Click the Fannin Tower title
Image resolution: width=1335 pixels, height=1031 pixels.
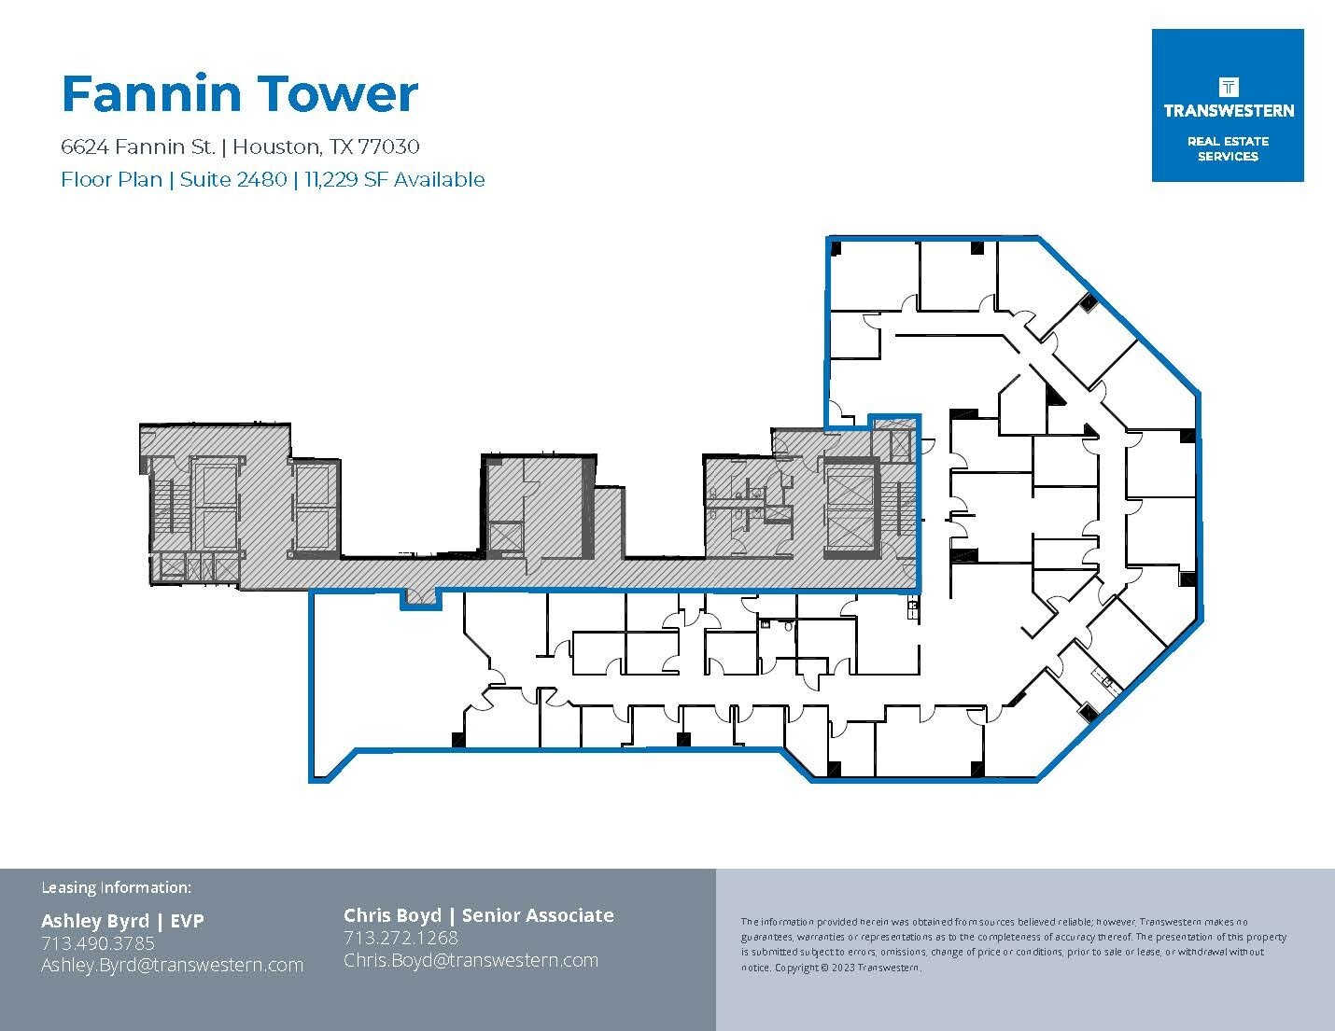[x=239, y=94]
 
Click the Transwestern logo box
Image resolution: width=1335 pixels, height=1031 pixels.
[x=1227, y=104]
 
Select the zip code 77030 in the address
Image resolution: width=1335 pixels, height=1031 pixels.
[x=388, y=146]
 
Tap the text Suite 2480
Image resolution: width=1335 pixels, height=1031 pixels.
[x=232, y=179]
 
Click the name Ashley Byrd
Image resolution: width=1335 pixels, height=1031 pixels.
[x=94, y=921]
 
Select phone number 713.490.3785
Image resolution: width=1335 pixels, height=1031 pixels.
[x=97, y=943]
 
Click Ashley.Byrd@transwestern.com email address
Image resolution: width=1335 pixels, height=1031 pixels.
[x=172, y=966]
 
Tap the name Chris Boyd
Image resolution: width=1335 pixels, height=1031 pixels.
[x=392, y=915]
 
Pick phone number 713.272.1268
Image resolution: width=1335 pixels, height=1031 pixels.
[x=400, y=938]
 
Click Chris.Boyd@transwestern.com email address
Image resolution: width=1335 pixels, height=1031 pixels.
[x=471, y=960]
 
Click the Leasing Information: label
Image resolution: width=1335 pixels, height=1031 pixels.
[x=116, y=887]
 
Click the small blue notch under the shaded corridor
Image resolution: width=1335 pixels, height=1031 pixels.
[x=420, y=600]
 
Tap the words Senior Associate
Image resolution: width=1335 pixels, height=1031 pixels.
[x=538, y=915]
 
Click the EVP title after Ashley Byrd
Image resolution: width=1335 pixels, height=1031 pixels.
[x=187, y=921]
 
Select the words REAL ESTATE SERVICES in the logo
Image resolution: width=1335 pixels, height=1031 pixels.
[x=1227, y=149]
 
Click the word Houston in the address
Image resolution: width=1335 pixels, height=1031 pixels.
[x=274, y=146]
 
